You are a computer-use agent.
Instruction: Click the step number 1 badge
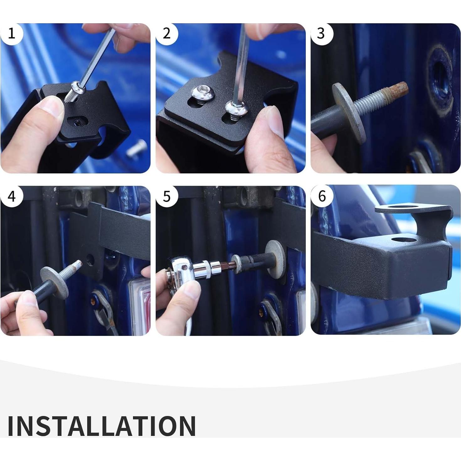[12, 34]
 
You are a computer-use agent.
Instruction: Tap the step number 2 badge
[167, 34]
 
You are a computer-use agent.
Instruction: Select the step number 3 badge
[322, 34]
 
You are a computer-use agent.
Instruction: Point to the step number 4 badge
[12, 196]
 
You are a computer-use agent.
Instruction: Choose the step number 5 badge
[167, 196]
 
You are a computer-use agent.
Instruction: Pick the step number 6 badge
[322, 196]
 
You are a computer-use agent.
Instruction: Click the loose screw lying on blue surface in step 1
[137, 149]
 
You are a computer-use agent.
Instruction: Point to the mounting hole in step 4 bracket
[90, 259]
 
